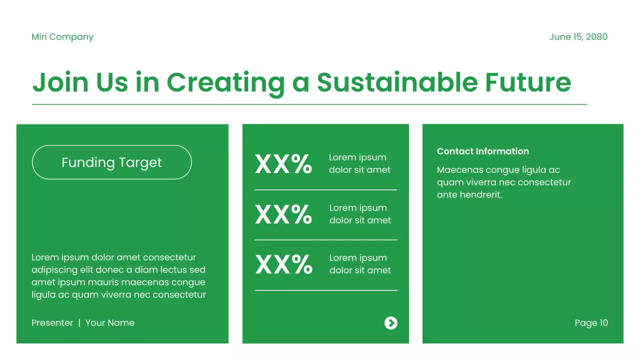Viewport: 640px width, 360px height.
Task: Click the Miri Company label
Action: (x=62, y=37)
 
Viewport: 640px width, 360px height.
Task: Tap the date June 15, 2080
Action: (x=578, y=37)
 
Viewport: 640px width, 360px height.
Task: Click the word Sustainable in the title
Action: (x=396, y=82)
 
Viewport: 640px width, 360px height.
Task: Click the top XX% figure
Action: (x=283, y=164)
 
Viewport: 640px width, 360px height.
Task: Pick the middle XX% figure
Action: (x=283, y=214)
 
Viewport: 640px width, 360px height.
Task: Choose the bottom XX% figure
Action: (x=283, y=264)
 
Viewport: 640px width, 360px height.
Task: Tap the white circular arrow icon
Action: (x=391, y=323)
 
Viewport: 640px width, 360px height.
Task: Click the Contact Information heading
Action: (x=482, y=151)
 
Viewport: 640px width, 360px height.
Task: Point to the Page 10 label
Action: (x=591, y=323)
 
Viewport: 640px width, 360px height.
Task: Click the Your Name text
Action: (x=110, y=323)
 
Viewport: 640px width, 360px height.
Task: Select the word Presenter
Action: (x=52, y=323)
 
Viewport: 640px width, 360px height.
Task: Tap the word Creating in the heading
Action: (x=225, y=82)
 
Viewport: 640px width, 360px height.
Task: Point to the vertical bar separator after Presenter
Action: (x=79, y=323)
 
